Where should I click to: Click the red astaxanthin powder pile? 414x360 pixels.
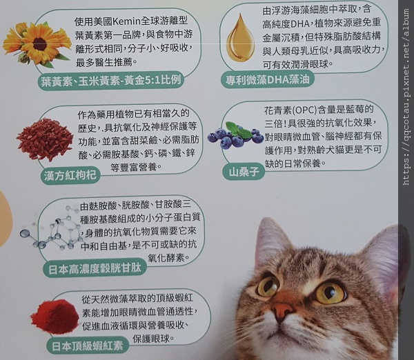[53, 317]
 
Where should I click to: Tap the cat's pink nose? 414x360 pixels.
[282, 312]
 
